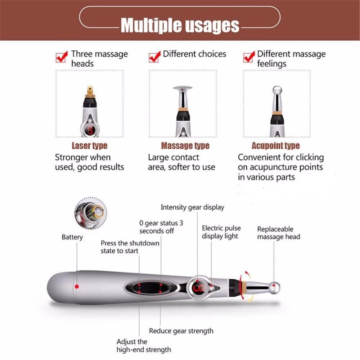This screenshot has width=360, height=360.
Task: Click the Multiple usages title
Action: (180, 26)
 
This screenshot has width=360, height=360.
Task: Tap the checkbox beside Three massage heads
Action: (62, 57)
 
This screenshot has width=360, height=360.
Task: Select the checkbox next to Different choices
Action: (154, 57)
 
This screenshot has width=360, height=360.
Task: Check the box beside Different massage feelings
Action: (249, 57)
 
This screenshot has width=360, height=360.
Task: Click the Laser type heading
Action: (89, 146)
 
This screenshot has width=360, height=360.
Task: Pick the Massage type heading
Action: (185, 146)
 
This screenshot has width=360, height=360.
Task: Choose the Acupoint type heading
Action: (275, 146)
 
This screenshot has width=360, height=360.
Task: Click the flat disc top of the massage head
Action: (183, 87)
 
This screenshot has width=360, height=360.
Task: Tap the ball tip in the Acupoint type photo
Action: (276, 90)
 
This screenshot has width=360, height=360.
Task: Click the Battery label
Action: (72, 237)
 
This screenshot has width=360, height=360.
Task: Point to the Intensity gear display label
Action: (192, 207)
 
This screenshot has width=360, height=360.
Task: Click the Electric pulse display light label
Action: (221, 232)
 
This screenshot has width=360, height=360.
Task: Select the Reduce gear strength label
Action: (181, 331)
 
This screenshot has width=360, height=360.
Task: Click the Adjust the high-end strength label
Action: (143, 346)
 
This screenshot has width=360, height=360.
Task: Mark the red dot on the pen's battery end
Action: (77, 287)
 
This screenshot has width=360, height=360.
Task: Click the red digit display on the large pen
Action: (198, 288)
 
